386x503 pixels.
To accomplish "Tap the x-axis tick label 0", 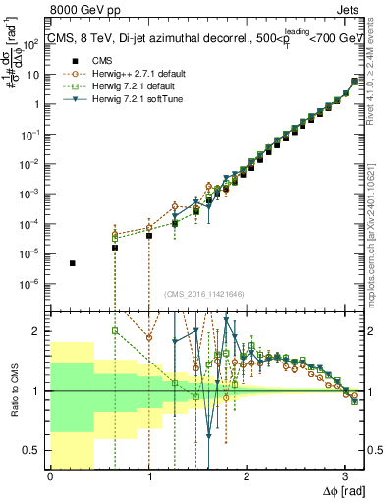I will (50, 476).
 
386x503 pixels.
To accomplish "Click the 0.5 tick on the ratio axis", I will (33, 450).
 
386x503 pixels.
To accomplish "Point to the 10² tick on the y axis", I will (33, 43).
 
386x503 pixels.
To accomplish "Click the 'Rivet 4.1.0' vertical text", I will (377, 79).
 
